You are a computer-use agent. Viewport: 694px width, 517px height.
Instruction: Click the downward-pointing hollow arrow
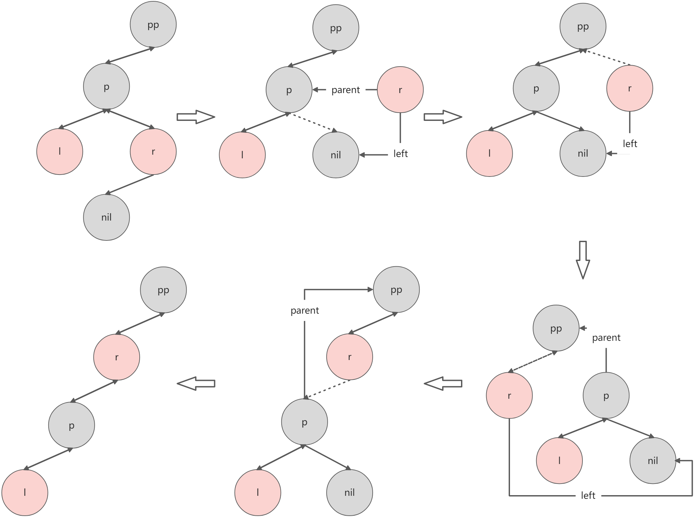click(583, 260)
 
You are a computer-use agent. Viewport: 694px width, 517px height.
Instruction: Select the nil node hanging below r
click(106, 217)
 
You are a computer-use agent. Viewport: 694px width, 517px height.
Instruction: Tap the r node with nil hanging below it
click(153, 152)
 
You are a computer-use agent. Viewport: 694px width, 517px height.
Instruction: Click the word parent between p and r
click(346, 90)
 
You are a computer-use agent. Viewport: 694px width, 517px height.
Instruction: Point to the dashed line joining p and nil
click(313, 122)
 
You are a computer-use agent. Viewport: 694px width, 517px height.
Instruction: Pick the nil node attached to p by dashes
click(336, 155)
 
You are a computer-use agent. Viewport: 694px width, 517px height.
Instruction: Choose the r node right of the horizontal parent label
click(400, 89)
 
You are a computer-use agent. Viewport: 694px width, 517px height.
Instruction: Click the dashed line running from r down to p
click(328, 389)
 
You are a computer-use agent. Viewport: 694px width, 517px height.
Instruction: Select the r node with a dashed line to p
click(349, 357)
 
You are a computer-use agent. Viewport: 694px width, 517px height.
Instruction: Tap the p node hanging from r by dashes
click(304, 422)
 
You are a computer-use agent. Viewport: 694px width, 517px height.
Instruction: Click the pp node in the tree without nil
click(163, 290)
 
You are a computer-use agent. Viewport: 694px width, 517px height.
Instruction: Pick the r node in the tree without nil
click(116, 357)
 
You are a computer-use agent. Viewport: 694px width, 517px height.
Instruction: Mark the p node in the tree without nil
click(71, 425)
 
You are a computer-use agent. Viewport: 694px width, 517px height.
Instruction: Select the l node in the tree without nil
click(25, 492)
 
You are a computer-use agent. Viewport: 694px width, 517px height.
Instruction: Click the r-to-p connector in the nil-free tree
click(94, 391)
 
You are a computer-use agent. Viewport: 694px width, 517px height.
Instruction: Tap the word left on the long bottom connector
click(588, 495)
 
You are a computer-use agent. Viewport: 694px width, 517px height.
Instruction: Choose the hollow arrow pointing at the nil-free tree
click(196, 384)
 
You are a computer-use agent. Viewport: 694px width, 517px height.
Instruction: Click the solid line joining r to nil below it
click(130, 184)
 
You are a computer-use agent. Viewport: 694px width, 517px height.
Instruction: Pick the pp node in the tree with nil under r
click(153, 25)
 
